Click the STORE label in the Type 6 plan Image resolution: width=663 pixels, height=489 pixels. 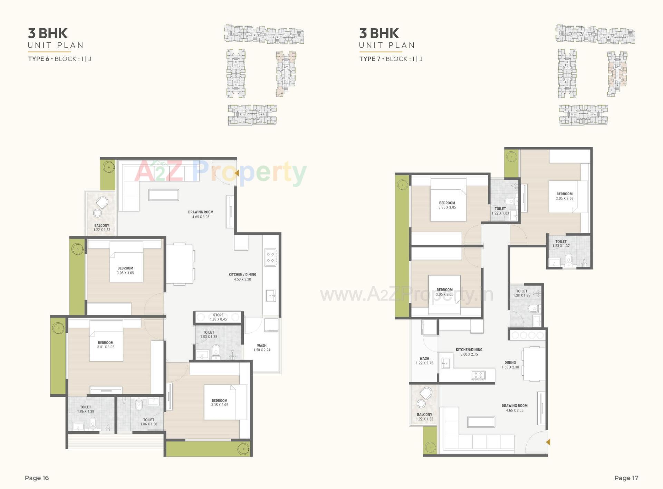coord(218,315)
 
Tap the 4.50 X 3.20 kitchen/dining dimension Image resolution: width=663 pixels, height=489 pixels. coord(242,279)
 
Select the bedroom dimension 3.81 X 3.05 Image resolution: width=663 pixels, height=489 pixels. coord(106,347)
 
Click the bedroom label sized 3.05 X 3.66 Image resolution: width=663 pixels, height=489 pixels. coord(565,194)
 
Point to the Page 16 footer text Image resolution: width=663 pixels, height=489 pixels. coord(37,478)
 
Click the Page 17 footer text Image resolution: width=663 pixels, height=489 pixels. coord(626,478)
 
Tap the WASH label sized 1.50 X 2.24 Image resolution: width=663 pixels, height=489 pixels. coord(262,346)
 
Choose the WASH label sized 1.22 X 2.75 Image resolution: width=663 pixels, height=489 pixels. coord(424,359)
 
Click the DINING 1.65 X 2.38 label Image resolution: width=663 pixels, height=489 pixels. coord(510,363)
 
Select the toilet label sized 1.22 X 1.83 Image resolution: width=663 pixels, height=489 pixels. coord(500,209)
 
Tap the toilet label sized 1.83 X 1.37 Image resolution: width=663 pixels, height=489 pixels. coord(561,242)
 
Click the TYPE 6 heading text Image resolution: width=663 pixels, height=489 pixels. coord(38,59)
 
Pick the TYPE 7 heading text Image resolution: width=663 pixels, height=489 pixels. coord(369,59)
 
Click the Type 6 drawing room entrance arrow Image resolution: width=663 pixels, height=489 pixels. coord(237,172)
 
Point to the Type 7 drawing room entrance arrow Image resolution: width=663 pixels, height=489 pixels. coord(548,442)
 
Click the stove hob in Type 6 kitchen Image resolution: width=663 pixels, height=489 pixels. coord(270,257)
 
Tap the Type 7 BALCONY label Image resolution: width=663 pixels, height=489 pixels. coord(424,415)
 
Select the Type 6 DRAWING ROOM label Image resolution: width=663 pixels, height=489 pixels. coord(201,212)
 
